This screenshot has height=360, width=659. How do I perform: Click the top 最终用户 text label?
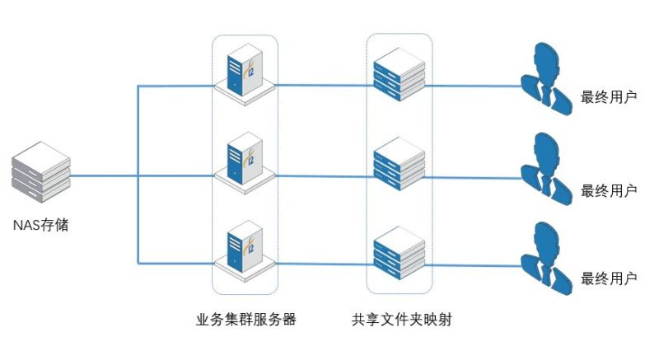[609, 96]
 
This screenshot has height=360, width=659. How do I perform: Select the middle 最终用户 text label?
[609, 190]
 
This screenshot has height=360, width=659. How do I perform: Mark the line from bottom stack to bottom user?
[474, 264]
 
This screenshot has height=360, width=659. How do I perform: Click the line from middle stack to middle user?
[474, 175]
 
